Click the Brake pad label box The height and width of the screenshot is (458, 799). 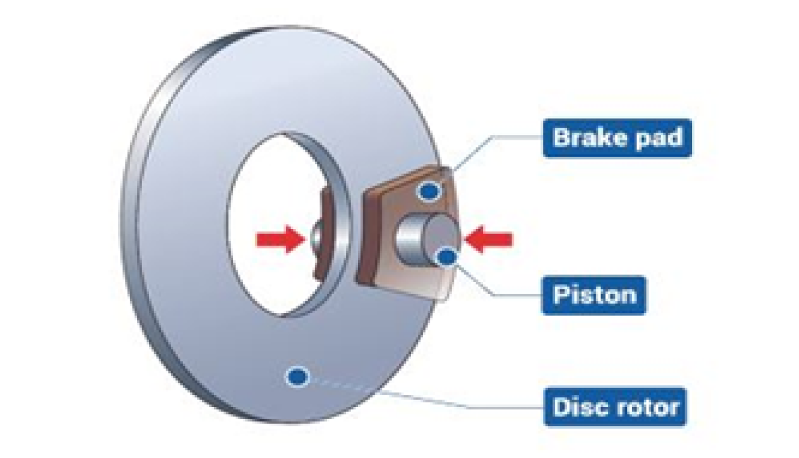[x=617, y=138]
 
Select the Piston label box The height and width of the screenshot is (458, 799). [x=594, y=295]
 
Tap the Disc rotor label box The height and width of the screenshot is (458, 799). [x=615, y=406]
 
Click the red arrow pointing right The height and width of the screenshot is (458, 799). [x=278, y=239]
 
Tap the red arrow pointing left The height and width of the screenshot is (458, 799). [x=489, y=239]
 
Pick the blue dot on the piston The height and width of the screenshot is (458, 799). [x=448, y=256]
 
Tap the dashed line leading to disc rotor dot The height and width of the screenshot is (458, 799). [x=344, y=385]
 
